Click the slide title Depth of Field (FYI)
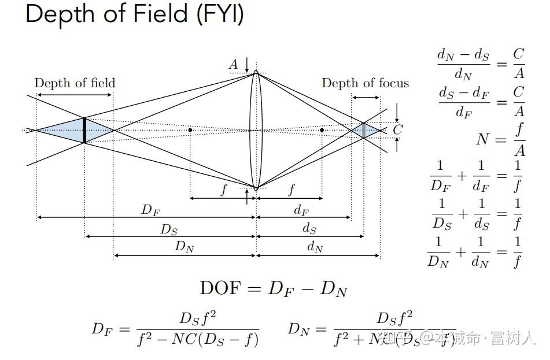(x=134, y=14)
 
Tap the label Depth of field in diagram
(x=75, y=83)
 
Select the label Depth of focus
(x=365, y=83)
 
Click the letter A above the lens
(x=233, y=64)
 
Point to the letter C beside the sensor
(x=397, y=130)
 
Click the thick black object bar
(x=84, y=130)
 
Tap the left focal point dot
(x=190, y=130)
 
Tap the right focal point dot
(x=322, y=130)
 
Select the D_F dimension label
(x=150, y=210)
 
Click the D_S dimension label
(x=169, y=229)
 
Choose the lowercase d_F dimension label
(x=301, y=210)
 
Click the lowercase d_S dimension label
(x=309, y=229)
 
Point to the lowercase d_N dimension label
(x=315, y=247)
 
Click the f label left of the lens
(x=224, y=190)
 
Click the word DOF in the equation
(x=219, y=288)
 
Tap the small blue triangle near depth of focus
(x=363, y=130)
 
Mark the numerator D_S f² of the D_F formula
(x=198, y=317)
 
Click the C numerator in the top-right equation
(x=519, y=54)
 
